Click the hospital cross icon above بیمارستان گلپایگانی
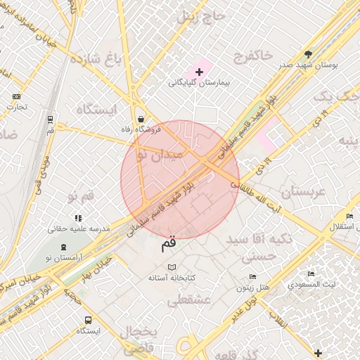point(200,72)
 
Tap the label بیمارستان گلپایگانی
point(200,83)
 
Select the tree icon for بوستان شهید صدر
point(308,53)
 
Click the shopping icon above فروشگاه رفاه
point(142,119)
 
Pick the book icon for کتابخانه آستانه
point(172,267)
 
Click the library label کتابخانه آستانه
point(172,278)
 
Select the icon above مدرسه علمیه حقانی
point(77,217)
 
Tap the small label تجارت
point(16,107)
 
